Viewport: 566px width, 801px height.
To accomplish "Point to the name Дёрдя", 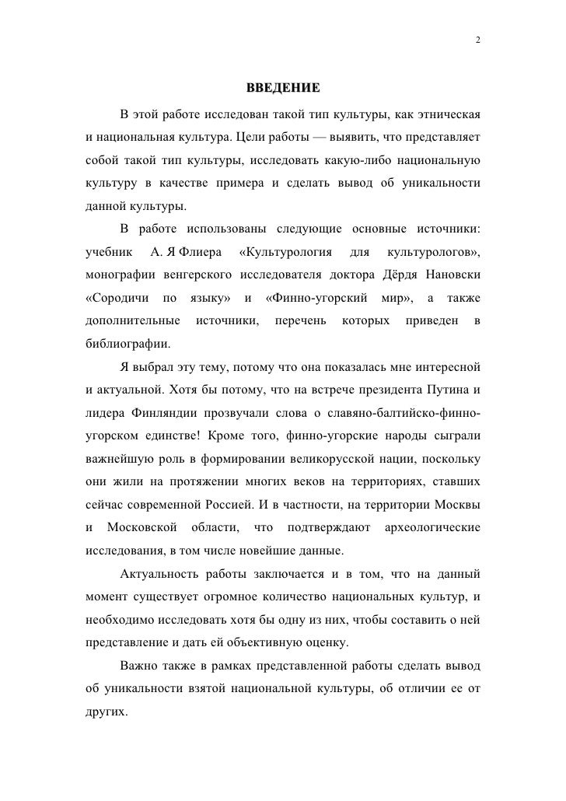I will pos(403,276).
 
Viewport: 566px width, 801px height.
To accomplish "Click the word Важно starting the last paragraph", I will pos(140,667).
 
